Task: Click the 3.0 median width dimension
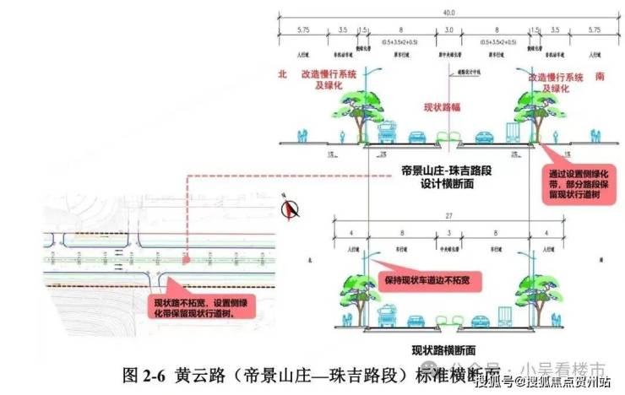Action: point(449,30)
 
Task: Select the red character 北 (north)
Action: point(283,75)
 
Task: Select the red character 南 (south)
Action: point(601,75)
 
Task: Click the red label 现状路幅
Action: point(443,107)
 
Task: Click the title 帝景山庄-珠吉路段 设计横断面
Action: point(445,177)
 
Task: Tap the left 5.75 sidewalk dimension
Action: point(304,30)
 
